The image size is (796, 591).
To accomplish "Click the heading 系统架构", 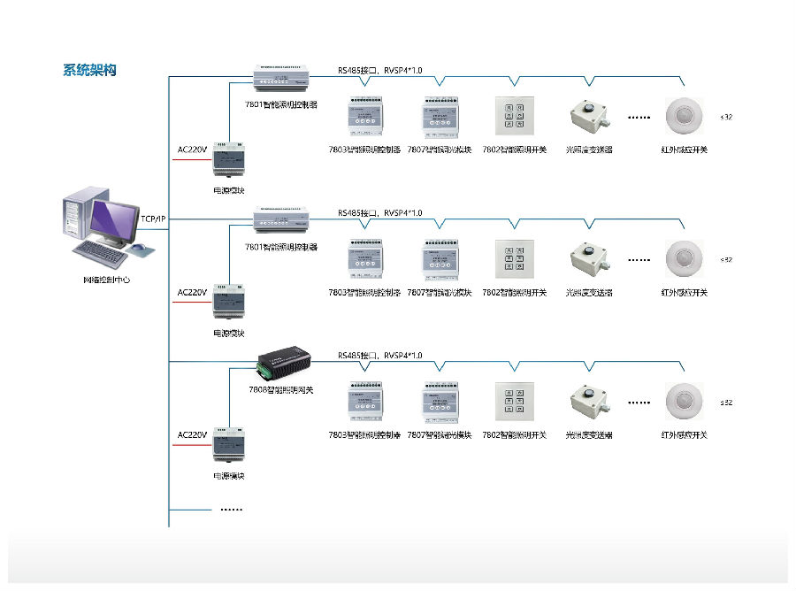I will pyautogui.click(x=89, y=71).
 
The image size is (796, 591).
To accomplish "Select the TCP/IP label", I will pyautogui.click(x=153, y=219).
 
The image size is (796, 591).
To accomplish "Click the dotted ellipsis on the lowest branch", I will pyautogui.click(x=231, y=510).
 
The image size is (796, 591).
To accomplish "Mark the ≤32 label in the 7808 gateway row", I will pyautogui.click(x=726, y=403).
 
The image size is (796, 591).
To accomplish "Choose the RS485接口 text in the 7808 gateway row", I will pyautogui.click(x=357, y=355).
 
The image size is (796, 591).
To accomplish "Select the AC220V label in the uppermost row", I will pyautogui.click(x=192, y=150).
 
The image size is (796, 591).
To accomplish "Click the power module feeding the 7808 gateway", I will pyautogui.click(x=228, y=445).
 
